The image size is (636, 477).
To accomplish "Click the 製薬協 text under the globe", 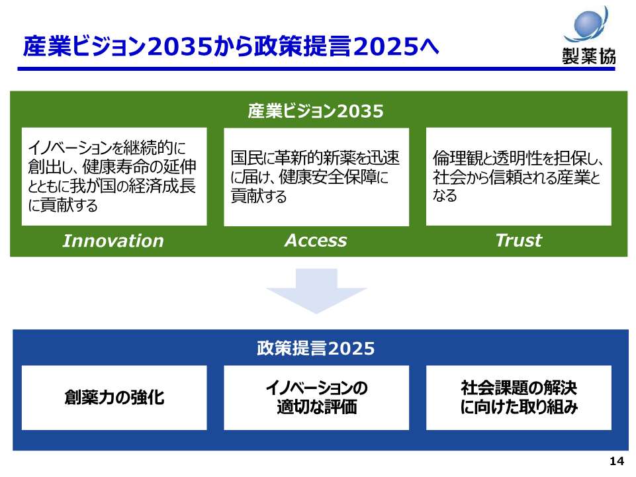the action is [x=589, y=56].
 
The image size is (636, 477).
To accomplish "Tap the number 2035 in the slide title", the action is [x=180, y=46].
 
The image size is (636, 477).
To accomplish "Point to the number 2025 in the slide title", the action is [x=385, y=46].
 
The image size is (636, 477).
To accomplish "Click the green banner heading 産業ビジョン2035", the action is [x=316, y=110].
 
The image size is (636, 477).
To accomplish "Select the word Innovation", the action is [x=113, y=241].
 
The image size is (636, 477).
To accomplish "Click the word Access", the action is [x=316, y=241].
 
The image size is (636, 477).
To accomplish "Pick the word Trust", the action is [x=519, y=241].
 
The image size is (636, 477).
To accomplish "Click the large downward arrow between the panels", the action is [x=316, y=291].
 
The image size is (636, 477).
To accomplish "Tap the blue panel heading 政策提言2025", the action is [x=316, y=349].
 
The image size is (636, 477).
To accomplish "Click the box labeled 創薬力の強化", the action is [x=114, y=398].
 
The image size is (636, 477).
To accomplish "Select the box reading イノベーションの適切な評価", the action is [x=316, y=398].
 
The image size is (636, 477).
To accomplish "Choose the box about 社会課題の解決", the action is [x=519, y=398].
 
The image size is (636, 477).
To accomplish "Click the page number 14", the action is [x=617, y=461].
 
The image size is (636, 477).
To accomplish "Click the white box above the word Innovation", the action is [x=114, y=177].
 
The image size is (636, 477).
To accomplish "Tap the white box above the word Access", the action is [x=316, y=177].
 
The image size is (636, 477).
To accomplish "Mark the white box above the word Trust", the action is [x=519, y=177].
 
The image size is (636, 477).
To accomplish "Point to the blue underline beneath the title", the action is [x=316, y=69].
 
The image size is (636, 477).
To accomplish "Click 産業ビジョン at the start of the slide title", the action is [x=85, y=46].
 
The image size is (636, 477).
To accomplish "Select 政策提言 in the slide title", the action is [x=303, y=46].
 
